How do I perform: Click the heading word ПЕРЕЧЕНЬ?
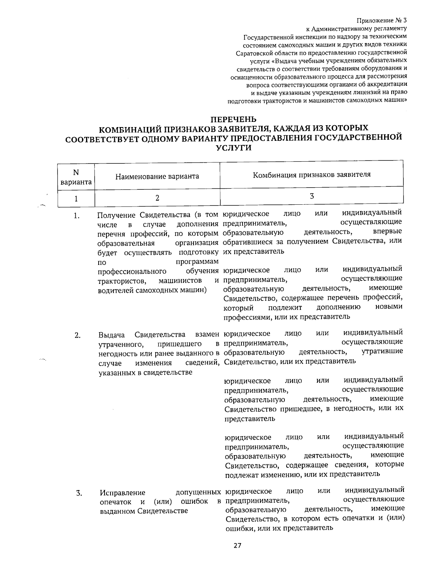click(x=234, y=119)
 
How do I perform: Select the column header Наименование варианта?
click(x=157, y=176)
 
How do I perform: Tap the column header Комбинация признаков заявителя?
click(x=311, y=175)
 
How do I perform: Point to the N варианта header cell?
click(x=76, y=177)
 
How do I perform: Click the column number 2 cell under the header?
click(x=157, y=198)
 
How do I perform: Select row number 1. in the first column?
click(x=76, y=215)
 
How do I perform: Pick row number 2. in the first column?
click(x=77, y=335)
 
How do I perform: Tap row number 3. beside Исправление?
click(x=79, y=493)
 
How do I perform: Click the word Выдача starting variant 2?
click(x=112, y=335)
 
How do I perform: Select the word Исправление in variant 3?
click(x=122, y=493)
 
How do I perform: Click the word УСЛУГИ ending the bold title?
click(x=234, y=148)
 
